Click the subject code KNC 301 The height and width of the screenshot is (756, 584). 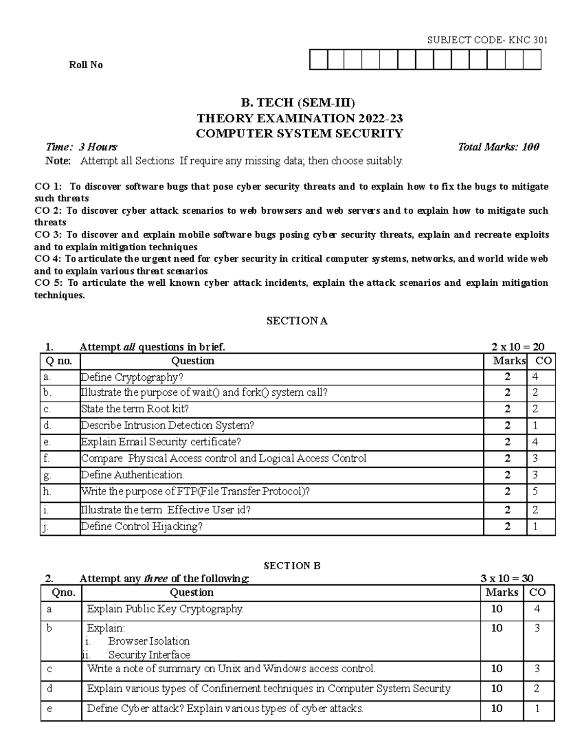tap(487, 40)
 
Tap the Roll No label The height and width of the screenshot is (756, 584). tap(86, 65)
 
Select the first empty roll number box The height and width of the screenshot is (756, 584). tap(318, 60)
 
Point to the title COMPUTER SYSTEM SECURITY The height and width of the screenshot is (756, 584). tap(299, 133)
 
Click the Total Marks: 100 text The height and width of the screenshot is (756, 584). tap(498, 147)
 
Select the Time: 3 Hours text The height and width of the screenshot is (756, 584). tap(81, 147)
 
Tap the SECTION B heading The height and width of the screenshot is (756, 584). tap(292, 566)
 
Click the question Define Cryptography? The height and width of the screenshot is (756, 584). tap(132, 377)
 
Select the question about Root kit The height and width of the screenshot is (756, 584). tap(135, 409)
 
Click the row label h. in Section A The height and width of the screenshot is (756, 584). tap(47, 491)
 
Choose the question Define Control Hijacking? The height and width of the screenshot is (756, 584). tap(142, 526)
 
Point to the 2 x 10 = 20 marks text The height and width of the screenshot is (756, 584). tap(518, 347)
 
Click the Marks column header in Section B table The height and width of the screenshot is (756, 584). tap(502, 592)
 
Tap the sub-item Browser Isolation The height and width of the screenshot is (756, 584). tap(149, 641)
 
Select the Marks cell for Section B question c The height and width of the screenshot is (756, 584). tap(497, 669)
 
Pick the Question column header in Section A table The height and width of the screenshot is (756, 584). tap(193, 361)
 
